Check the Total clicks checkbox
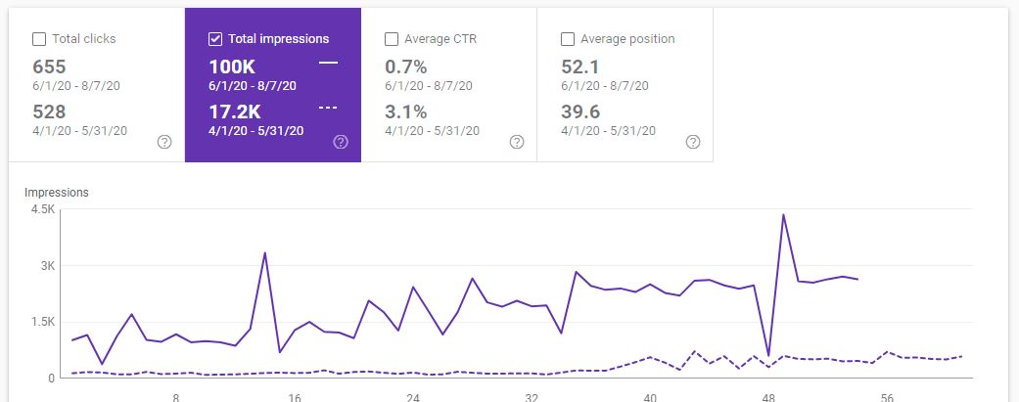(39, 39)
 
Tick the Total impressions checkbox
(215, 39)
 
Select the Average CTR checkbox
(392, 39)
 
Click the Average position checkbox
(568, 39)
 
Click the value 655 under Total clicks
(49, 67)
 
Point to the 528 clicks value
(49, 112)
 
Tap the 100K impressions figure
(231, 67)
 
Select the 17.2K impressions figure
(236, 112)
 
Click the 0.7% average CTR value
(406, 67)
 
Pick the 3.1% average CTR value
(406, 112)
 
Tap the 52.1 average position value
(580, 67)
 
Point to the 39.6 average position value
(580, 112)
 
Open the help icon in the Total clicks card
(164, 142)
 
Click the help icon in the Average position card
(693, 142)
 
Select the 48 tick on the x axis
(768, 398)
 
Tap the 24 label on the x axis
(414, 398)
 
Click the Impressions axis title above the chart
(57, 193)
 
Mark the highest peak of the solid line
(783, 214)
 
